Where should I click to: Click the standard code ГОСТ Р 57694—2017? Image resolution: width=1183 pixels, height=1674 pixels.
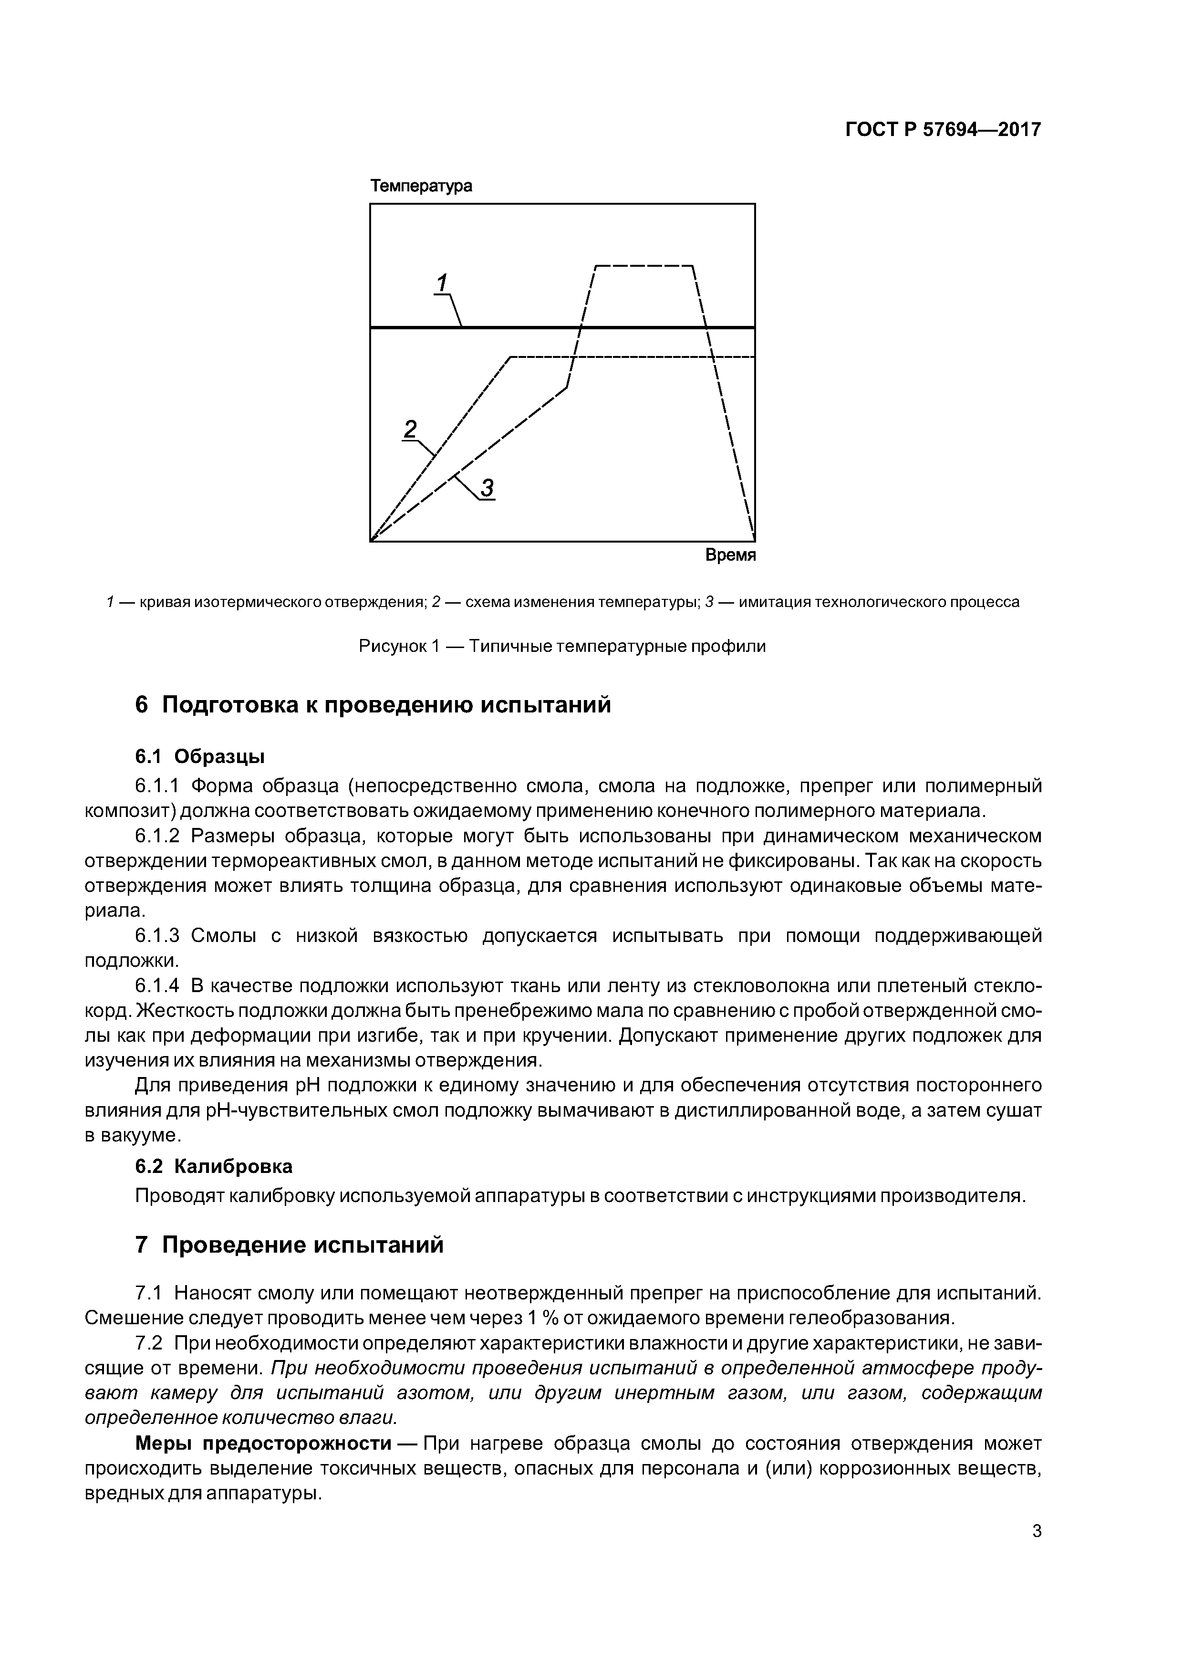click(x=943, y=130)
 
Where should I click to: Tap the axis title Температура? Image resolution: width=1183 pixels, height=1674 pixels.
click(x=421, y=186)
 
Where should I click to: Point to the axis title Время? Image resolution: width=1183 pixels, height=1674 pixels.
click(x=730, y=555)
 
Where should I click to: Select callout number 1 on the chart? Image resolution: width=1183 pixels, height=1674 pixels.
click(x=442, y=282)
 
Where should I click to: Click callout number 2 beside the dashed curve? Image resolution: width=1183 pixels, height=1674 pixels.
click(x=410, y=428)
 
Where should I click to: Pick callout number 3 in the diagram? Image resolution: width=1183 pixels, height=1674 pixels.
click(x=487, y=487)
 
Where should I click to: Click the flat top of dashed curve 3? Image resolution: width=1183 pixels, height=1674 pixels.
click(x=643, y=265)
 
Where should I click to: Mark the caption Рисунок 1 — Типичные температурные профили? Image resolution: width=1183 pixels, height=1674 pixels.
click(x=562, y=646)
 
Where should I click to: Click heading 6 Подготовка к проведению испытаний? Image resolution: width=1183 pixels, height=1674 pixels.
click(x=373, y=705)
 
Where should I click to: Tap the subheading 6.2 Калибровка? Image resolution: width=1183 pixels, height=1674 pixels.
click(x=214, y=1167)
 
